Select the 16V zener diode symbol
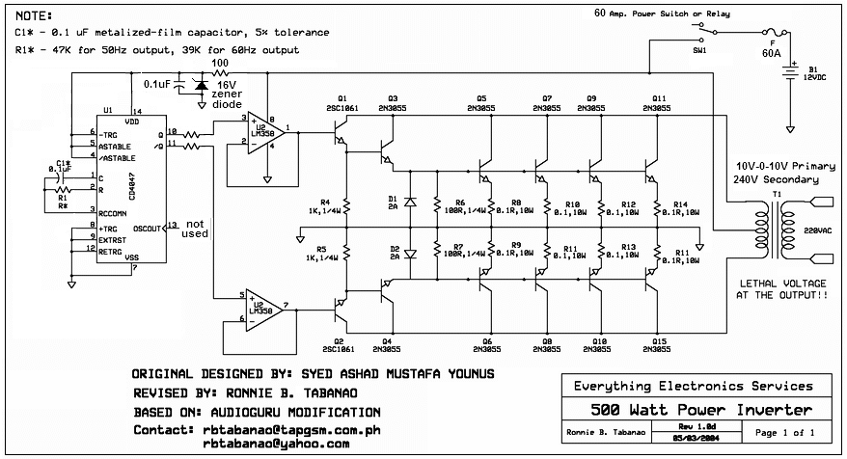coord(200,86)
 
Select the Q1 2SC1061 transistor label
coord(342,104)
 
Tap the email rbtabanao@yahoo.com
coord(275,444)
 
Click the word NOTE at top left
coord(35,16)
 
